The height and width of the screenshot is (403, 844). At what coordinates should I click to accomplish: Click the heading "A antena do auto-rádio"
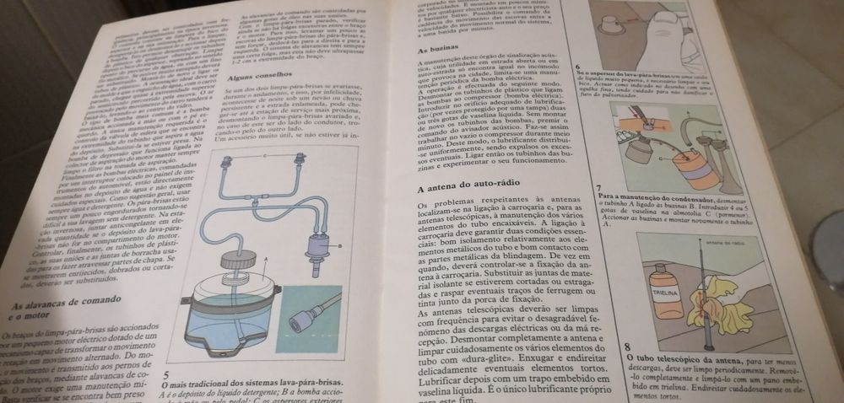(468, 190)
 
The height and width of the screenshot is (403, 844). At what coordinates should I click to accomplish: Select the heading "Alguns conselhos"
(257, 77)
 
